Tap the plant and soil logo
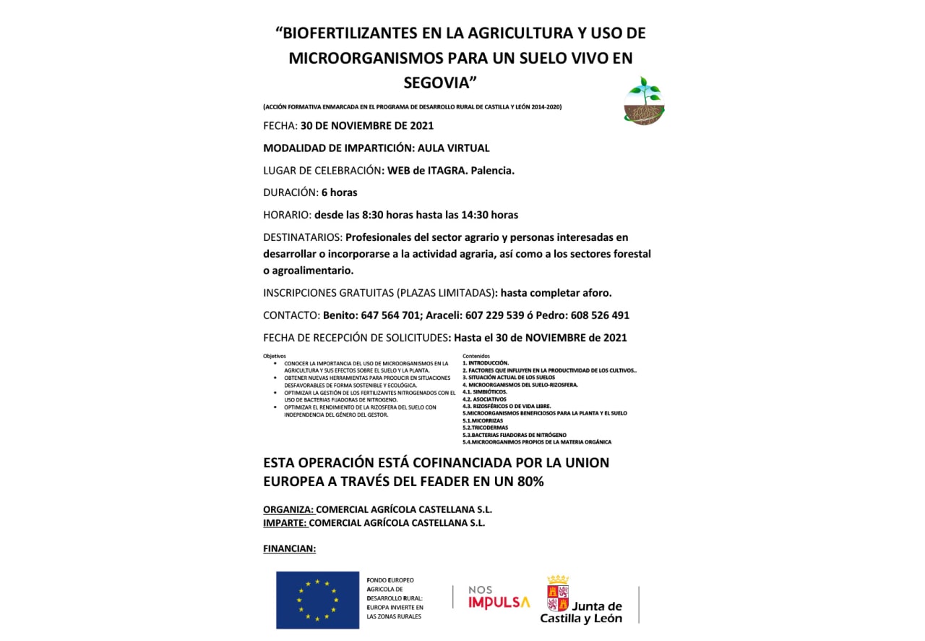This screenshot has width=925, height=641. click(x=644, y=101)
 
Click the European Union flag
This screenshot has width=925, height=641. click(x=317, y=600)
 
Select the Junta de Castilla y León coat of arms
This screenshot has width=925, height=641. click(x=557, y=594)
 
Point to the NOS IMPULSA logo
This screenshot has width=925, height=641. click(x=499, y=598)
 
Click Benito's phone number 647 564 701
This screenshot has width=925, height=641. click(x=387, y=315)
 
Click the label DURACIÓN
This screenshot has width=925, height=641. click(x=289, y=192)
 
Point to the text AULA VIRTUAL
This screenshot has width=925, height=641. click(x=454, y=148)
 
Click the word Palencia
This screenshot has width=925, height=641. click(x=491, y=171)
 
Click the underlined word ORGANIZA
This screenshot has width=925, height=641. click(x=288, y=509)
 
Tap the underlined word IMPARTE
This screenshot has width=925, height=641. click(x=285, y=522)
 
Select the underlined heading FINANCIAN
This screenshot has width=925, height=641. click(x=289, y=548)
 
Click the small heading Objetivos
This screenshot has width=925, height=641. click(x=275, y=356)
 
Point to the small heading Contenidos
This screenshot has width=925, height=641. click(x=476, y=356)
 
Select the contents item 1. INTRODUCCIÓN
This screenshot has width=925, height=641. click(x=486, y=362)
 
